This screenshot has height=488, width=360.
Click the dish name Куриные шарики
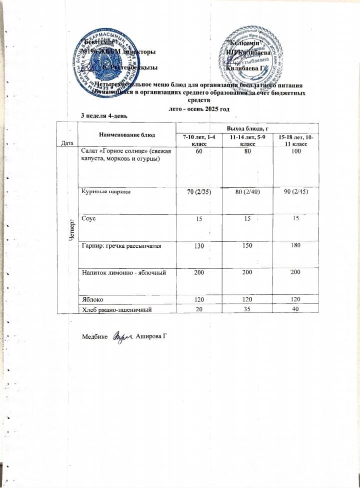click(103, 193)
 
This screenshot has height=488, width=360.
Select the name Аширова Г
click(150, 334)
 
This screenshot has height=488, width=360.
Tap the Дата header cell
click(66, 143)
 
